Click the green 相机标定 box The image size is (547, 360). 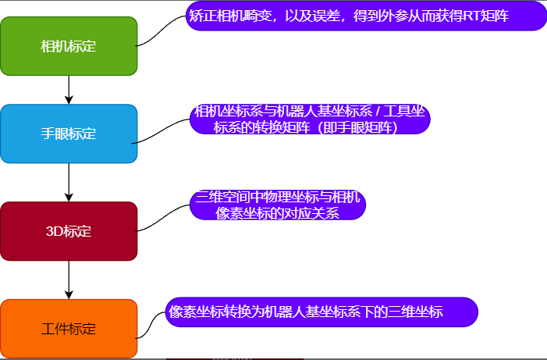(x=69, y=46)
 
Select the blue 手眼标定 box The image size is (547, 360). (x=69, y=134)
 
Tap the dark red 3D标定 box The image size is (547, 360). (x=69, y=231)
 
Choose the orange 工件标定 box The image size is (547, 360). (x=69, y=329)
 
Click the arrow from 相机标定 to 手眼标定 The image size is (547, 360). (x=69, y=90)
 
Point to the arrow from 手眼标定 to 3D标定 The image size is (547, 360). (x=69, y=183)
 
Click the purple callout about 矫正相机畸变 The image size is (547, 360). (x=367, y=16)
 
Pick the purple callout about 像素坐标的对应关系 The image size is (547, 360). (x=278, y=205)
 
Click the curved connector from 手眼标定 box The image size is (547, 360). (x=164, y=129)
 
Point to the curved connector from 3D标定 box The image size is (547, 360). (x=164, y=216)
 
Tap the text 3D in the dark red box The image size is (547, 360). (x=54, y=231)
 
